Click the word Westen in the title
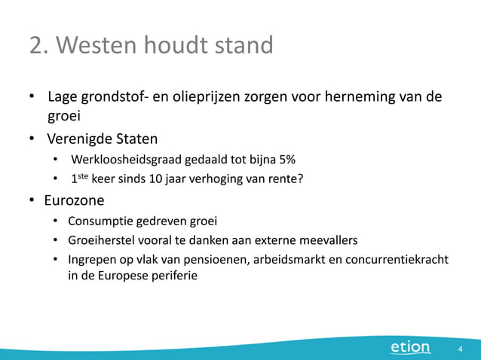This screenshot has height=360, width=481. click(x=97, y=46)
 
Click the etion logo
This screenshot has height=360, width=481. click(x=410, y=347)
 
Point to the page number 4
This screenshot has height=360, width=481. click(x=460, y=349)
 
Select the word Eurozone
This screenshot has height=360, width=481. click(x=74, y=201)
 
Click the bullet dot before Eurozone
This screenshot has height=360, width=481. click(x=32, y=201)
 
